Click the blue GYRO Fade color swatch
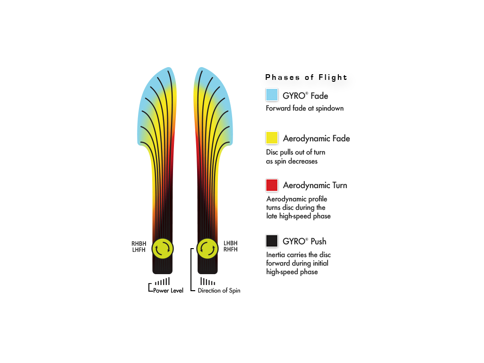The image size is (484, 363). tap(272, 95)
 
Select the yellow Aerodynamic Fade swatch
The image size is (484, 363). tap(272, 138)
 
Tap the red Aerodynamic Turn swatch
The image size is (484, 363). tap(272, 185)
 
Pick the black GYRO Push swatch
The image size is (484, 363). tap(272, 241)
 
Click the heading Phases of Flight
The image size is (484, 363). tap(306, 77)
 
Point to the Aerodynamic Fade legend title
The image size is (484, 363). tap(316, 138)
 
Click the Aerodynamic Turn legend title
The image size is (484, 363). tap(315, 185)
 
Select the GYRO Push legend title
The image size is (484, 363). tap(304, 242)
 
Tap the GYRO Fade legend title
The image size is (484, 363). tap(305, 96)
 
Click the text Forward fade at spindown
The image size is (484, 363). tap(305, 108)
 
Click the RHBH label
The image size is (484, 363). tap(139, 244)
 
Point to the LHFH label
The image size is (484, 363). tap(139, 250)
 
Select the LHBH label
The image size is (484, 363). tap(231, 243)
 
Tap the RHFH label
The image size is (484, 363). tap(231, 250)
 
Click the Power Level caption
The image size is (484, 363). tap(168, 291)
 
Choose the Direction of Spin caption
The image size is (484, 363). tap(219, 291)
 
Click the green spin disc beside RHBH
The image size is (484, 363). tap(163, 249)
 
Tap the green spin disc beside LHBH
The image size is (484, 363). tap(207, 249)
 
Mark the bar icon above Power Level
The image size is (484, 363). tap(163, 281)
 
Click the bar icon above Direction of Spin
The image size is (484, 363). tap(208, 281)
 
